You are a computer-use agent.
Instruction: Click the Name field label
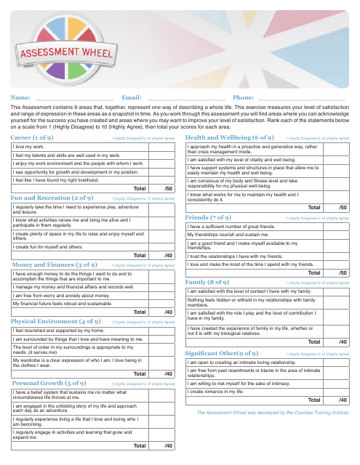(x=20, y=97)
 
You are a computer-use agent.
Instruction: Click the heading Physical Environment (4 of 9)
(x=55, y=320)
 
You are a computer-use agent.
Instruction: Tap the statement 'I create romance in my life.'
(x=218, y=392)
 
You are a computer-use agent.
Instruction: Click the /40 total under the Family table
(x=342, y=341)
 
